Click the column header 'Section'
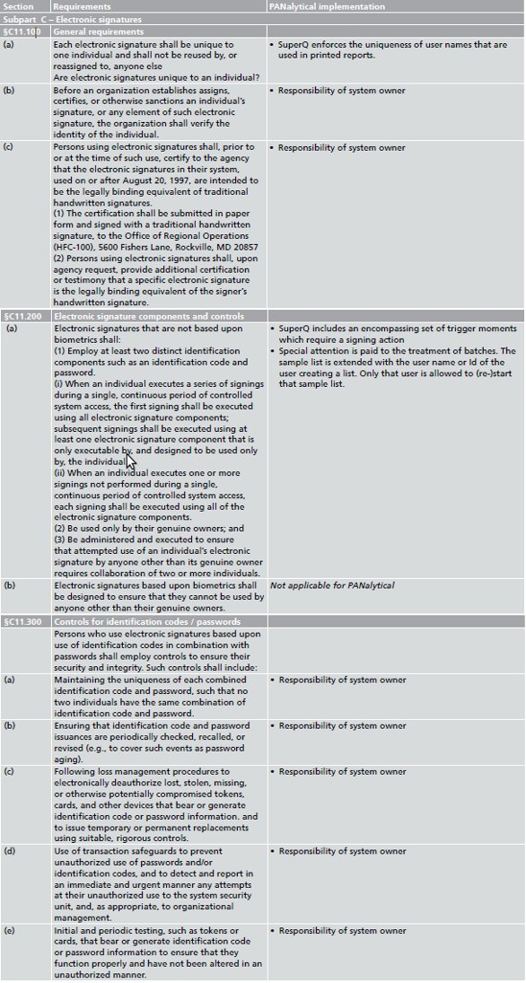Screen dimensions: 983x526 pyautogui.click(x=19, y=6)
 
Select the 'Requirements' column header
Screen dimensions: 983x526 pyautogui.click(x=82, y=6)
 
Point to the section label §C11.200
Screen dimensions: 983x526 pyautogui.click(x=23, y=317)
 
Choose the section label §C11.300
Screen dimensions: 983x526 pyautogui.click(x=23, y=621)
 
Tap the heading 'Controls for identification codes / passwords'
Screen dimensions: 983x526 pyautogui.click(x=145, y=621)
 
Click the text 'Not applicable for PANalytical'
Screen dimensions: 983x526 pyautogui.click(x=332, y=585)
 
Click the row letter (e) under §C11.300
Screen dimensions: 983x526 pyautogui.click(x=9, y=931)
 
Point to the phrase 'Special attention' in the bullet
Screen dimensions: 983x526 pyautogui.click(x=311, y=351)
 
